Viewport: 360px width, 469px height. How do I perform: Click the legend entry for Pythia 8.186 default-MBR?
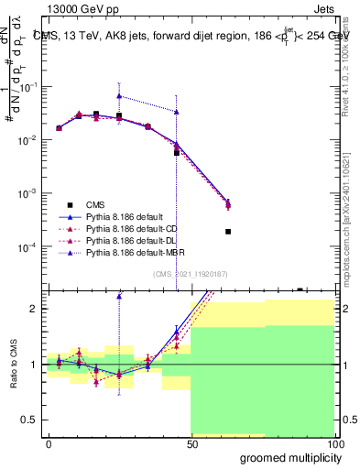pos(137,250)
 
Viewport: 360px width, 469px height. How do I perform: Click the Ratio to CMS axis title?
pos(13,365)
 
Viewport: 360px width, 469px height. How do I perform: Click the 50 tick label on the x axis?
pos(191,443)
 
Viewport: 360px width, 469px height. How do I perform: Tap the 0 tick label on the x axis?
pos(49,443)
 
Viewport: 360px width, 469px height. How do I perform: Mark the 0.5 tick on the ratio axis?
pos(30,420)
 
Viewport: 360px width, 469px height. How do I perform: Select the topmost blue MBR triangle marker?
pos(119,95)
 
